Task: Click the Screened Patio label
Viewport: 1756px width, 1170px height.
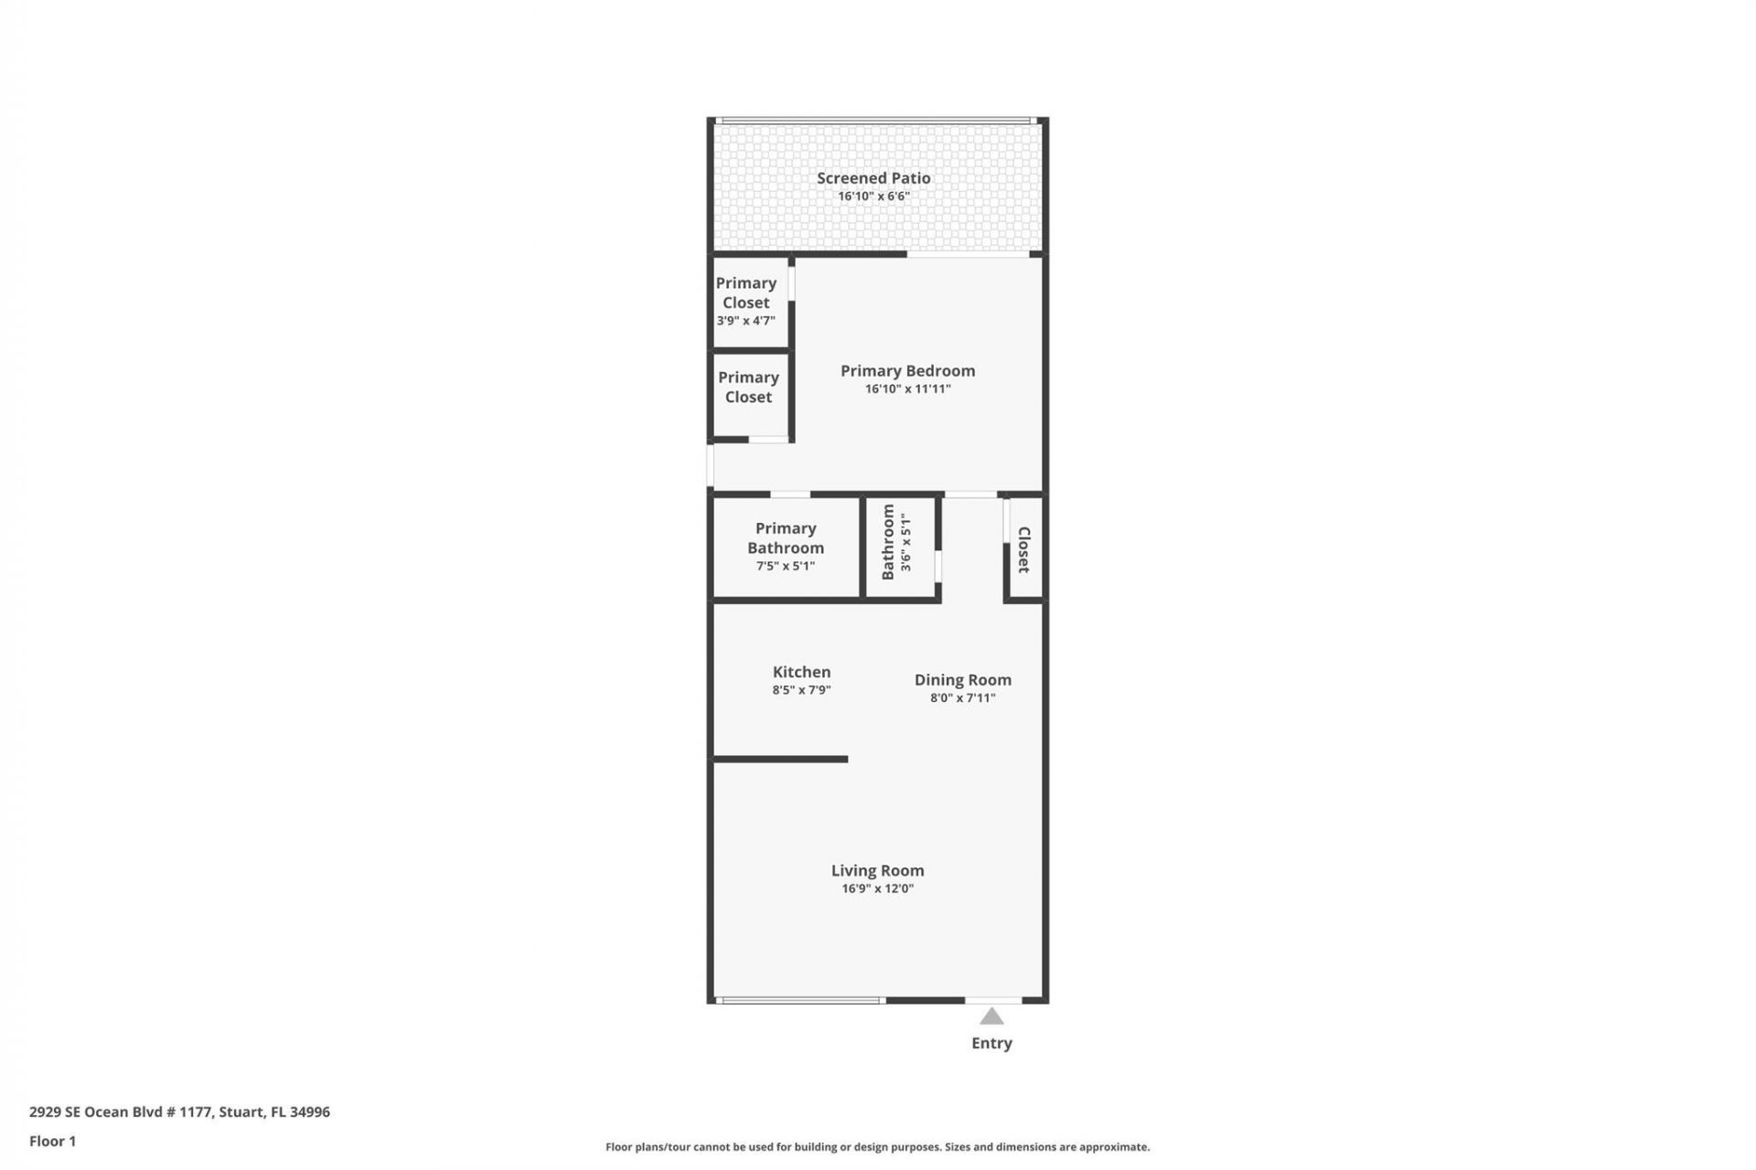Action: tap(873, 178)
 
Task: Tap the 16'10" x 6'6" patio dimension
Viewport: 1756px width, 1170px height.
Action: tap(873, 197)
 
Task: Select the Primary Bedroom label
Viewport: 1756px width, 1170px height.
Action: tap(907, 370)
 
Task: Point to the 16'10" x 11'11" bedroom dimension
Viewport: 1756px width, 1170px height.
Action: tap(907, 388)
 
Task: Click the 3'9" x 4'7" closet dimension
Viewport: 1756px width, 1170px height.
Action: tap(745, 321)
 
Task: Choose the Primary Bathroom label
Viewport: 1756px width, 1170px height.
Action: tap(786, 537)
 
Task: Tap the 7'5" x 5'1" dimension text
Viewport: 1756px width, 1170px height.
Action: tap(786, 566)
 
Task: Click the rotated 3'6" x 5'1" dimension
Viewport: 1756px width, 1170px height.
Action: tap(905, 542)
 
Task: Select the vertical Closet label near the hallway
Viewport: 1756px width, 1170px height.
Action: tap(1024, 549)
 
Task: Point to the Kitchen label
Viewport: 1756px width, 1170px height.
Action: tap(801, 672)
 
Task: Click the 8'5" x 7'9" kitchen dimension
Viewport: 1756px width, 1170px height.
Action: tap(801, 690)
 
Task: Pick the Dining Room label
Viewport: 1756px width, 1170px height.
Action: tap(962, 679)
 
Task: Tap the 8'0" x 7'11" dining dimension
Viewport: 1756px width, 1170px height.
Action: tap(962, 697)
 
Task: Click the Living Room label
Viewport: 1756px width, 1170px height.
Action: tap(877, 870)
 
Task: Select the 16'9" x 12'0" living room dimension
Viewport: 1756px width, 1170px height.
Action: tap(877, 888)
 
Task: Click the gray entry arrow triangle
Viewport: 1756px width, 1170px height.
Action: tap(991, 1016)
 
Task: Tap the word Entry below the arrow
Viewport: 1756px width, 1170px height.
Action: tap(991, 1043)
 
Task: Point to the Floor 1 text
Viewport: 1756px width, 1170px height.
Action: tap(52, 1141)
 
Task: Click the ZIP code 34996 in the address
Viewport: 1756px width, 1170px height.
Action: tap(309, 1111)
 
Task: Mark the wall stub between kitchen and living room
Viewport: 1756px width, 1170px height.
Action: tap(780, 759)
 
